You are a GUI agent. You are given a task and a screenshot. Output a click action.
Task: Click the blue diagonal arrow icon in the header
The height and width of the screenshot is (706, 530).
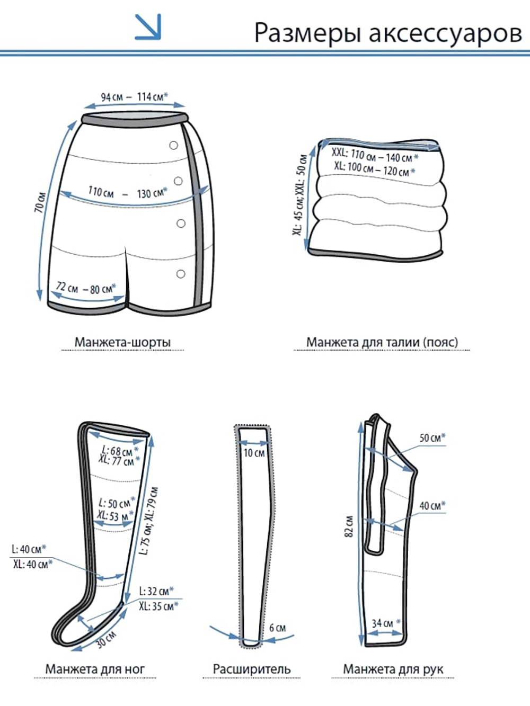(148, 27)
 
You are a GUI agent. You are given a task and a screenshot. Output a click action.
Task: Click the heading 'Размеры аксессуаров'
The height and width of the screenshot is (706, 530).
(388, 33)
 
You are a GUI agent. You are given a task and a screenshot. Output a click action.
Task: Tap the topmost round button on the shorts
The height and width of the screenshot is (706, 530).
(174, 145)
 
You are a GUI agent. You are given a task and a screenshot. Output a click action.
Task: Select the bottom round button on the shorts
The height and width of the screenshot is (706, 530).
(181, 274)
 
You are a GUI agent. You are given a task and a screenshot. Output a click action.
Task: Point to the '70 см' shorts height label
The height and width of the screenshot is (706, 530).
(41, 202)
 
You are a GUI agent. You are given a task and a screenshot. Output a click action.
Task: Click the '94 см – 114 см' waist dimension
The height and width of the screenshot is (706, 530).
(135, 97)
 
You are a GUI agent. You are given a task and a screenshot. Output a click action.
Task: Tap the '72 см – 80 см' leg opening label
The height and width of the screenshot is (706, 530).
(86, 288)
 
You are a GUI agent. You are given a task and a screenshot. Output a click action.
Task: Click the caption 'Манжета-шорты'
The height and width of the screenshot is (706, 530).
(122, 342)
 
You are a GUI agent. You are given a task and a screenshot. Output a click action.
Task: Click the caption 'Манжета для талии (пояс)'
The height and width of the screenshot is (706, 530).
(382, 342)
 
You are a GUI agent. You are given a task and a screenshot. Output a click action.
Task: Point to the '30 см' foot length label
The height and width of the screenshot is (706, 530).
(106, 640)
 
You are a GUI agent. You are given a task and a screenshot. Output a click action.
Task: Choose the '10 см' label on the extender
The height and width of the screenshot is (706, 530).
(254, 453)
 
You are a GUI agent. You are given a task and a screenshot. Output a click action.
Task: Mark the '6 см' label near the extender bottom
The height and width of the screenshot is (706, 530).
(277, 628)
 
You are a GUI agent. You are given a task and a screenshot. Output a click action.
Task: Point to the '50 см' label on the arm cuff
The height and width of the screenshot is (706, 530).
(432, 437)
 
